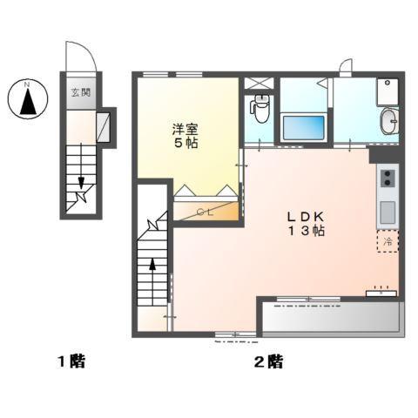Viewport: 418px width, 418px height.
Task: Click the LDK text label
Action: click(307, 216)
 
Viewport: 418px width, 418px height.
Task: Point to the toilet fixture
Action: click(258, 108)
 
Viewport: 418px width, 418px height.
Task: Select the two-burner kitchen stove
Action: click(387, 180)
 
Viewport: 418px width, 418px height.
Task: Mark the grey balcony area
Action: click(331, 318)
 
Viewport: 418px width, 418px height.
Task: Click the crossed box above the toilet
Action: click(259, 84)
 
